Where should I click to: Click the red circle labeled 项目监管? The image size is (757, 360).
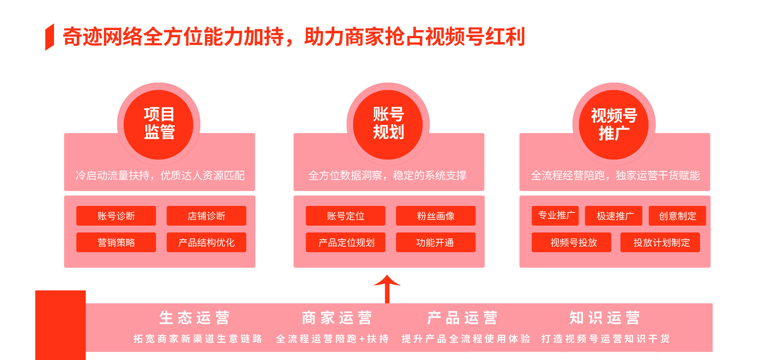click(159, 125)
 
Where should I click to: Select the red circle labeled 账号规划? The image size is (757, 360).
click(388, 125)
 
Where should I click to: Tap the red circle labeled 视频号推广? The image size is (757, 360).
click(614, 125)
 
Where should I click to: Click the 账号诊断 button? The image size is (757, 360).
click(116, 216)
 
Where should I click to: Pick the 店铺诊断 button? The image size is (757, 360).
click(206, 216)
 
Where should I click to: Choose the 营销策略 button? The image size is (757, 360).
click(116, 242)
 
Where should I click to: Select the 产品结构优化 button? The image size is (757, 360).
click(206, 242)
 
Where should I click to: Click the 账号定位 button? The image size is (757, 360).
click(346, 216)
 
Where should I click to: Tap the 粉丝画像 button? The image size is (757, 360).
click(436, 216)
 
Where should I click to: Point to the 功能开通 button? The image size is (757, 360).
click(436, 242)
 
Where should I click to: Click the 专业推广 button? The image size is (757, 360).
click(555, 216)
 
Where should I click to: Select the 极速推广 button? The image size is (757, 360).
click(614, 216)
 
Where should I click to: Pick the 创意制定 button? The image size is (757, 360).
click(677, 216)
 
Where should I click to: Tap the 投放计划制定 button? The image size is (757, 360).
click(660, 242)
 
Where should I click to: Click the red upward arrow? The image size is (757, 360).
click(387, 289)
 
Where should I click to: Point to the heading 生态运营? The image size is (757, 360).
click(194, 318)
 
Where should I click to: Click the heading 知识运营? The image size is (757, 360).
click(605, 318)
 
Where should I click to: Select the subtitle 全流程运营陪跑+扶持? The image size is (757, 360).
click(332, 339)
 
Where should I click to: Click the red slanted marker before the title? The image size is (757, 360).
click(50, 37)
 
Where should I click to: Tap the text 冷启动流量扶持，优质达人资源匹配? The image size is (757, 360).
click(160, 175)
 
